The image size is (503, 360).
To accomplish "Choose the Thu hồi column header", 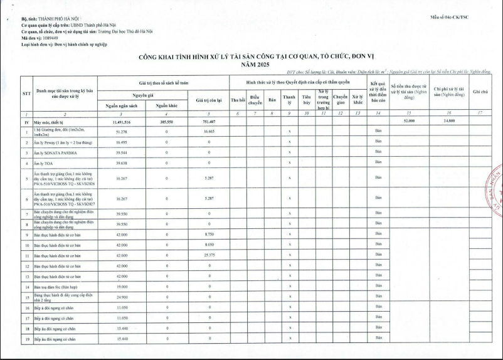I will [x=237, y=100].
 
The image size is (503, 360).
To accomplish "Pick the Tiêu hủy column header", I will [x=306, y=99].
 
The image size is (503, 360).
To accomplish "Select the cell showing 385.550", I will [x=166, y=121].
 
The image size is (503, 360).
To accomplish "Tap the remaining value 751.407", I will [x=209, y=121].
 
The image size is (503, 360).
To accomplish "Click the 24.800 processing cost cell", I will [x=448, y=120].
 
